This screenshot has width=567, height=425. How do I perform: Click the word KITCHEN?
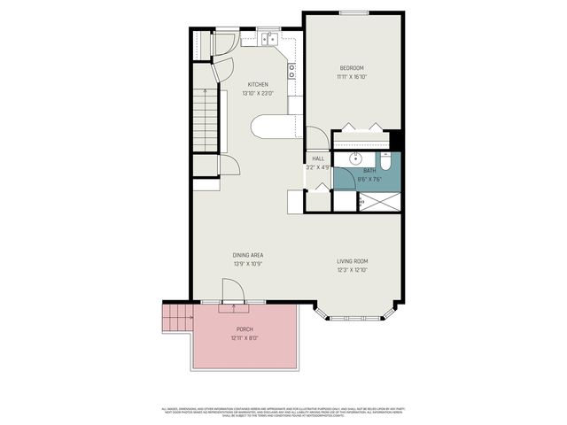[x=258, y=85]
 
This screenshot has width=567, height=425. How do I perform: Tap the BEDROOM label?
[x=352, y=68]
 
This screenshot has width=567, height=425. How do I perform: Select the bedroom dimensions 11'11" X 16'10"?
[x=352, y=77]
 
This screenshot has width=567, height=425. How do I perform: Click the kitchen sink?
[x=268, y=39]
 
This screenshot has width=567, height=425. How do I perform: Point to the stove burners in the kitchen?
[x=291, y=71]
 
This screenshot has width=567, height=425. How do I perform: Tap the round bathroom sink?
[x=355, y=159]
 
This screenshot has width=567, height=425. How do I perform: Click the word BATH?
[x=369, y=170]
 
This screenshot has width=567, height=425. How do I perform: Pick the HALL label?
[x=317, y=158]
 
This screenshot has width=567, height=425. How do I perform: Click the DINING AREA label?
[x=248, y=255]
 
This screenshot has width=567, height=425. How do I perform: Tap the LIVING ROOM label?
[x=352, y=261]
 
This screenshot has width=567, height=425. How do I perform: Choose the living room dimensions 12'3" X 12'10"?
[x=352, y=270]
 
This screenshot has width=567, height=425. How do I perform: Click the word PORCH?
[x=244, y=329]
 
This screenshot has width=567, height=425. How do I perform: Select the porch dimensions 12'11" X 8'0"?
[x=244, y=337]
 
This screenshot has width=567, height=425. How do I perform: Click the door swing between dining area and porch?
[x=232, y=290]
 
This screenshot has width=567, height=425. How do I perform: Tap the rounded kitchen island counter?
[x=273, y=127]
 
